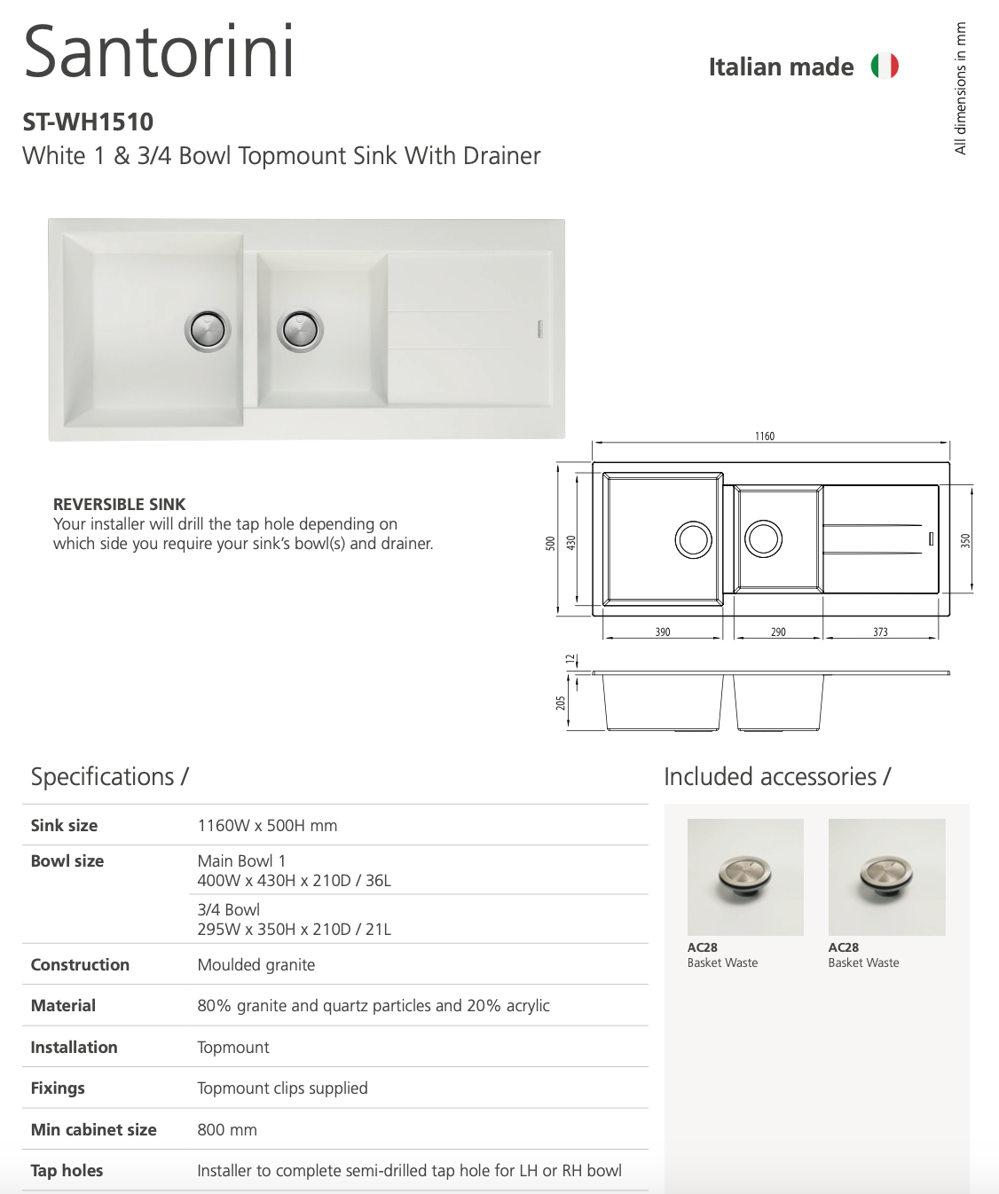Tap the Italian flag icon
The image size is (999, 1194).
tap(885, 66)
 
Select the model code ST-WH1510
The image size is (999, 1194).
tap(88, 122)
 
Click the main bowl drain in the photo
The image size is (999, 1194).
tap(208, 331)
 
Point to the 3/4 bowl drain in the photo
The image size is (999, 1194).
tap(300, 331)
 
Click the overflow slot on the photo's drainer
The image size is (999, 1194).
tap(539, 329)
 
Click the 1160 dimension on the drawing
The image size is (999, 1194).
tap(765, 436)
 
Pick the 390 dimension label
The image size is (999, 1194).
tap(663, 632)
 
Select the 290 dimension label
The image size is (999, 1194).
tap(778, 632)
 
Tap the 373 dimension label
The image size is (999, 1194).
tap(880, 632)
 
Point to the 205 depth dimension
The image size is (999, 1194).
tap(561, 703)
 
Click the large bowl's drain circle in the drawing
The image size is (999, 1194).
tap(693, 539)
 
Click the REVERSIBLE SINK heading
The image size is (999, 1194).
tap(119, 504)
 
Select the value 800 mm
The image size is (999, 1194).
tap(227, 1129)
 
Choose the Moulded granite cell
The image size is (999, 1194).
tap(256, 964)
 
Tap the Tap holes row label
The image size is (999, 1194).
tap(67, 1170)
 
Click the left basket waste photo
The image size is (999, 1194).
tap(745, 876)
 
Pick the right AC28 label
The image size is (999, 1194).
tap(843, 947)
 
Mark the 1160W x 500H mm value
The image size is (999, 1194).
tap(267, 825)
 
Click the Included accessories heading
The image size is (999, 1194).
tap(777, 776)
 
